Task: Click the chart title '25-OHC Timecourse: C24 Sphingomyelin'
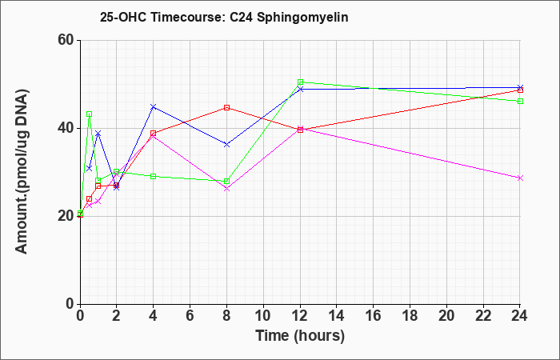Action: click(224, 17)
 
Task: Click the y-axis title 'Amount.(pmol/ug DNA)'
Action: click(22, 172)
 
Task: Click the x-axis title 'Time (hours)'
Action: click(300, 336)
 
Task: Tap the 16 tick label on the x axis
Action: click(374, 316)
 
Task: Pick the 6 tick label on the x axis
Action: click(190, 316)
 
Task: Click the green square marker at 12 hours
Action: click(300, 82)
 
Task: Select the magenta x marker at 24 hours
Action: click(520, 178)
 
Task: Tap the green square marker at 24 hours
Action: click(520, 101)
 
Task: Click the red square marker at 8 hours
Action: click(226, 107)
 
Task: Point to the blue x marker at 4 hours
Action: click(154, 106)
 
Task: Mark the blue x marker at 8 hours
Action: click(226, 144)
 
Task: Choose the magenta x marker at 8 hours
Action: click(226, 189)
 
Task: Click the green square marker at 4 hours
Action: click(154, 176)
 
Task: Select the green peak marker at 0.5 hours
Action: click(90, 114)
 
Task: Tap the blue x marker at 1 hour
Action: click(98, 134)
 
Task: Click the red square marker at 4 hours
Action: click(154, 134)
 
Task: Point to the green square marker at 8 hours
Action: click(226, 181)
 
